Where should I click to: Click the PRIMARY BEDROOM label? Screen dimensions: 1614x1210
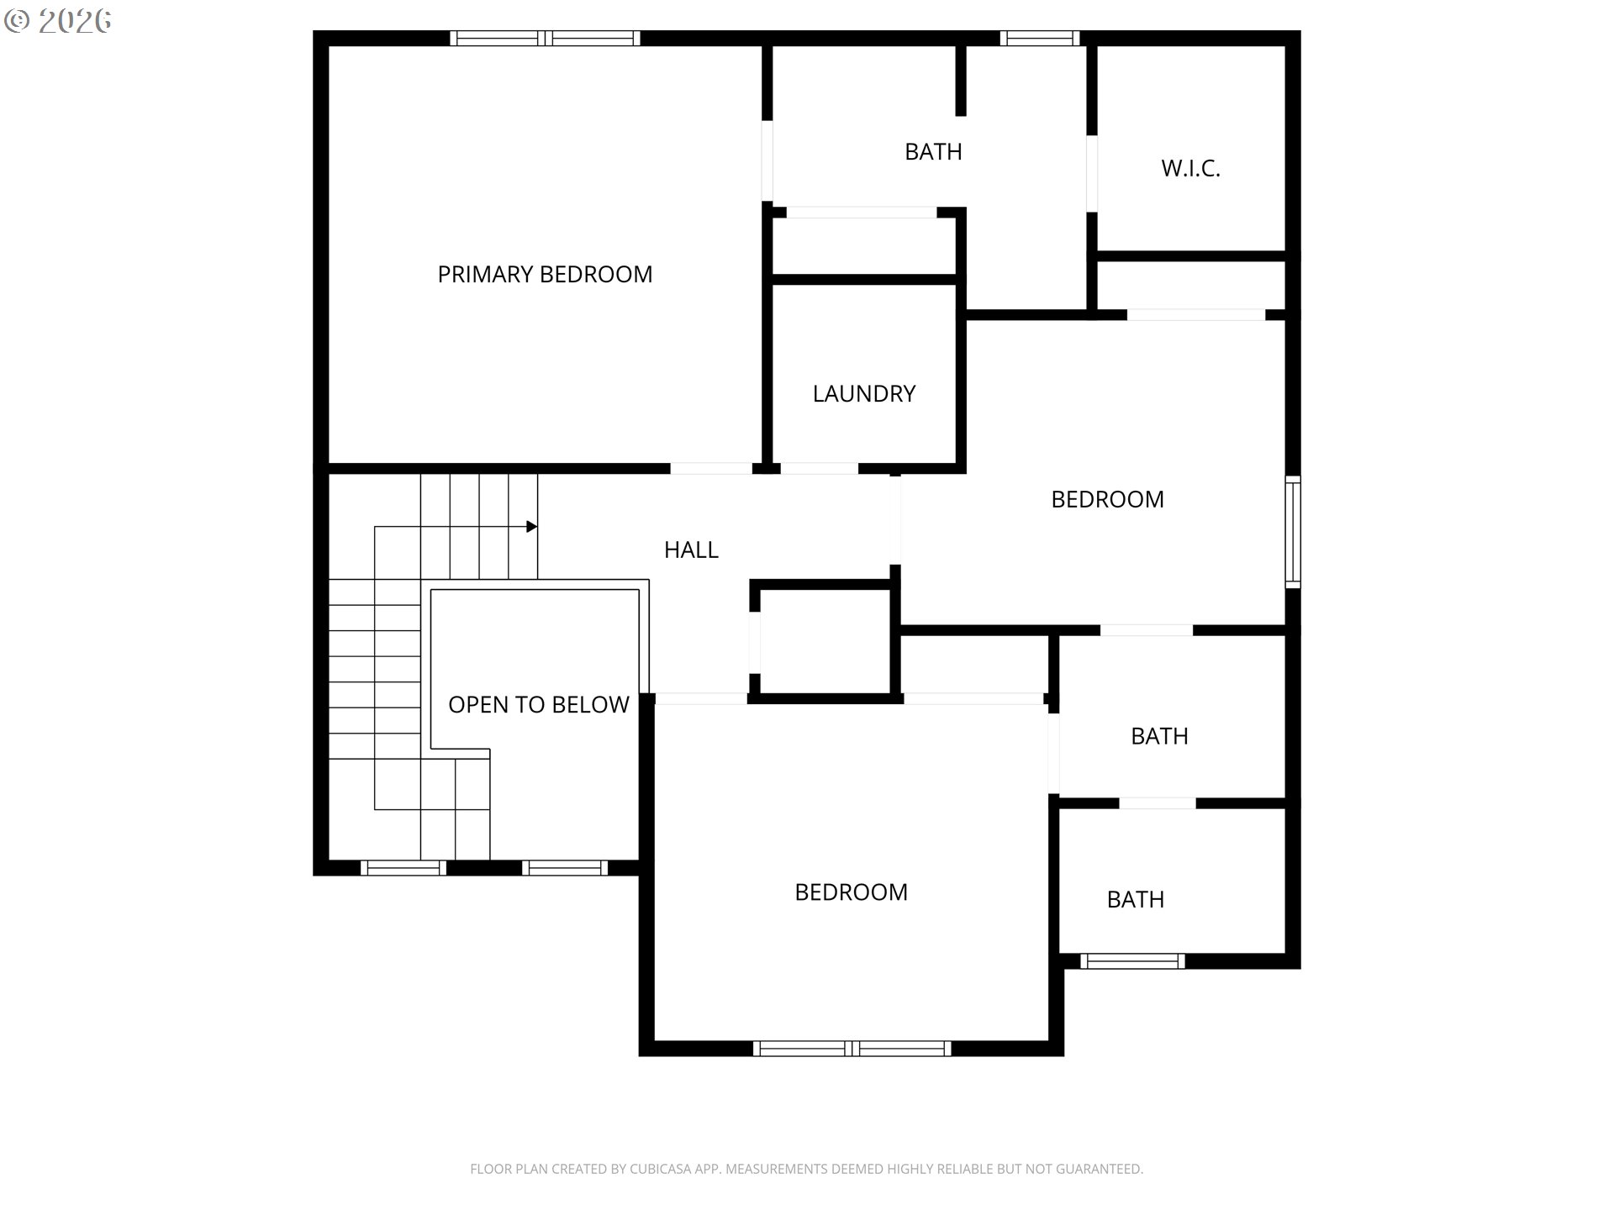545,275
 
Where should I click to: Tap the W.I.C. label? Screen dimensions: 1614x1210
1190,168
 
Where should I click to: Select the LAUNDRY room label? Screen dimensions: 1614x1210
864,394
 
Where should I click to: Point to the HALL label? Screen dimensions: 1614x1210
691,550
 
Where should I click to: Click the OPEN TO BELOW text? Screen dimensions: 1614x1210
539,705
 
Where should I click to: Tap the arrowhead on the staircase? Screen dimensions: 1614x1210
531,527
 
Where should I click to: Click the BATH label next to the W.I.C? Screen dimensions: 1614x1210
933,152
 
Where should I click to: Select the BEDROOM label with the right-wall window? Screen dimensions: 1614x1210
1107,500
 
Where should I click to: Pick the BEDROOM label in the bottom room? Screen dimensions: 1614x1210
851,892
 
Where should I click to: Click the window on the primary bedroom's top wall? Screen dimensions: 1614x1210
545,38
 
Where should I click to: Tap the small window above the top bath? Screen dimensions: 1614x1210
1040,38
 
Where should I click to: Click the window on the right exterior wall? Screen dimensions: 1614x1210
1294,532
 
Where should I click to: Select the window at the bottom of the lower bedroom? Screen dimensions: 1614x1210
852,1049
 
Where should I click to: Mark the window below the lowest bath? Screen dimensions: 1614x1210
1132,961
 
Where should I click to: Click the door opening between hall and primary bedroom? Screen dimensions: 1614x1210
710,469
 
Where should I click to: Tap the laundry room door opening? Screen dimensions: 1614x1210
820,469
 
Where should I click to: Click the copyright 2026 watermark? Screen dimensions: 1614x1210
58,21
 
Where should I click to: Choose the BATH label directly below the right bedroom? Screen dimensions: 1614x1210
1159,737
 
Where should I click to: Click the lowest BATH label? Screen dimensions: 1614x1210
1136,900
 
